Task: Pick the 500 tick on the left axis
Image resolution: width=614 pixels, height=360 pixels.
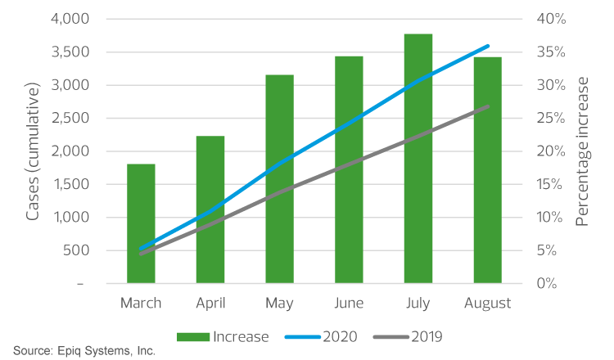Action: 74,250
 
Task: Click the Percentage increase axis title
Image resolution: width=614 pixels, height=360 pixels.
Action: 582,151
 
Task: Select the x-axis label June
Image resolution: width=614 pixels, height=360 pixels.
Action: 349,304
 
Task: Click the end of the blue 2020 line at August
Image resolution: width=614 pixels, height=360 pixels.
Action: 488,47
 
